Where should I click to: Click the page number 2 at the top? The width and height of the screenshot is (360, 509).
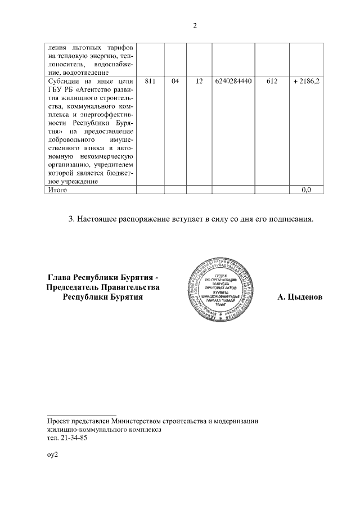coord(195,26)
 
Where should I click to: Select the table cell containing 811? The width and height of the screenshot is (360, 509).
coord(150,82)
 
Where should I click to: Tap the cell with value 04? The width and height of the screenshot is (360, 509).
coord(175,82)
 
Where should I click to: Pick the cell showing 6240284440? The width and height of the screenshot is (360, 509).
coord(232,82)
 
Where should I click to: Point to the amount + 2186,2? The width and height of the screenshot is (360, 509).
coord(307,82)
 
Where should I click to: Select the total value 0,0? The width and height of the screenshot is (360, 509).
coord(307,190)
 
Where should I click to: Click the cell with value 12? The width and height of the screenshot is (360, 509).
coord(199,82)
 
